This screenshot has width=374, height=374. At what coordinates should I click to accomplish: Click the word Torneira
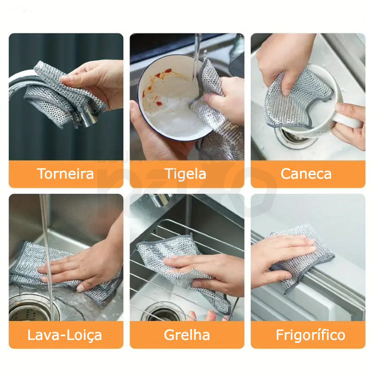click(x=65, y=174)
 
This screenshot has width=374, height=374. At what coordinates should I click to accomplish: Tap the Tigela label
click(x=185, y=174)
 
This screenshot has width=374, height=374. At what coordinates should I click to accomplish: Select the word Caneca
click(x=306, y=174)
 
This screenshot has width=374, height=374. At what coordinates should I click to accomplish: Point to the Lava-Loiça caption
click(x=65, y=335)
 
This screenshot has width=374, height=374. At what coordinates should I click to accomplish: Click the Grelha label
click(x=187, y=335)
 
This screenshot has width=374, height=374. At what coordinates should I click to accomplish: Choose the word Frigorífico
click(x=310, y=335)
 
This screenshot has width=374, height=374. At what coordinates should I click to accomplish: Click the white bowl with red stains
click(x=174, y=98)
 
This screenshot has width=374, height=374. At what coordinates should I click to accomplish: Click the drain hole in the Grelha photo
click(x=165, y=312)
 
